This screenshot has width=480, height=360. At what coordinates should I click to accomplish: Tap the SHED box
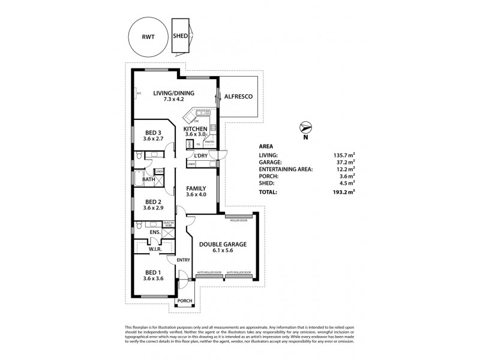click(x=180, y=36)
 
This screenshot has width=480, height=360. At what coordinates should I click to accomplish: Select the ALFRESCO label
click(x=238, y=96)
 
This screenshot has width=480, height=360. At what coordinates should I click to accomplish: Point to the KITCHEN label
click(x=196, y=129)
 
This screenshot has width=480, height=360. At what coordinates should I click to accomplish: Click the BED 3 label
click(x=153, y=133)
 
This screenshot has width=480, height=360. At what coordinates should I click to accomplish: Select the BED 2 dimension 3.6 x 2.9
click(x=153, y=208)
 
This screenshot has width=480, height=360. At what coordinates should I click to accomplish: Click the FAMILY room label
click(x=196, y=188)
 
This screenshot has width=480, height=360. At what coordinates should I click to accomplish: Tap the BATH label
click(x=148, y=179)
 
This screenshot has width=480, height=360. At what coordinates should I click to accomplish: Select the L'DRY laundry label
click(x=201, y=156)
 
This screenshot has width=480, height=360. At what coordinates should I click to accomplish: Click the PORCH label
click(x=184, y=301)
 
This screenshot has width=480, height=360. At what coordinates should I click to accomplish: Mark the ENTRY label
click(x=183, y=260)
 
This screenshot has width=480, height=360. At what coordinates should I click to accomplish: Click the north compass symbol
click(x=305, y=127)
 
